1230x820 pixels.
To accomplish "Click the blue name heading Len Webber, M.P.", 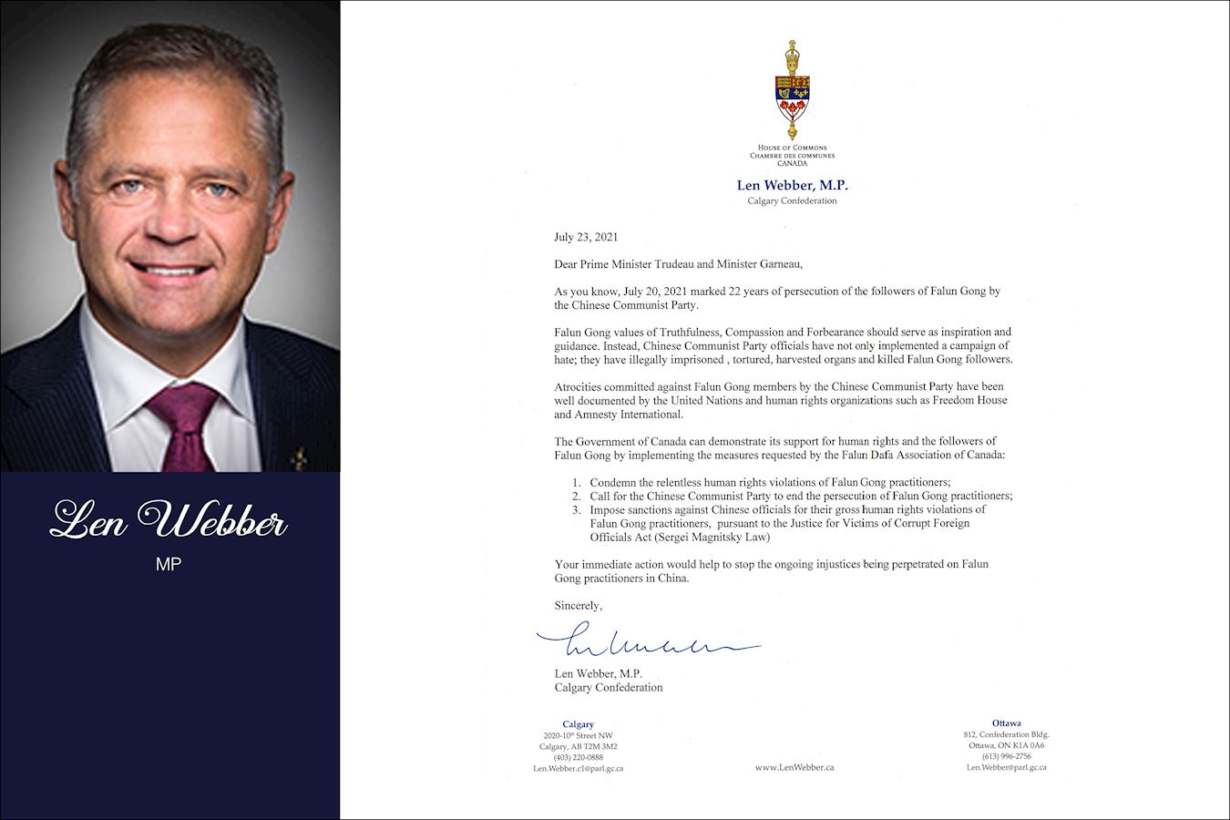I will tap(791, 186).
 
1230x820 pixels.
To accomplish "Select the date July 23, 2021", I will tap(586, 237).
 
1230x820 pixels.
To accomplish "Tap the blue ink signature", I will tap(647, 642).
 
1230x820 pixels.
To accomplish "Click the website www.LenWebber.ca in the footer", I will tap(794, 767).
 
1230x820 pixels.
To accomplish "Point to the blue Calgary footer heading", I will tap(578, 724).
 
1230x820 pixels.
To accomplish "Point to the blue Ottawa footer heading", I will tap(1006, 723).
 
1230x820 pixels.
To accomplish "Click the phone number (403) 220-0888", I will tap(578, 757).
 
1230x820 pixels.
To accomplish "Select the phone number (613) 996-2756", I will tap(1006, 756).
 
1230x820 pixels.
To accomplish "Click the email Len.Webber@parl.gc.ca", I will tap(1006, 767).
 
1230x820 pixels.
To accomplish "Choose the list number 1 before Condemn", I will tap(577, 482).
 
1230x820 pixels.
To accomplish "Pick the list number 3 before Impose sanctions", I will tap(577, 509).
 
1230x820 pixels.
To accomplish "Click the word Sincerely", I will tap(578, 605).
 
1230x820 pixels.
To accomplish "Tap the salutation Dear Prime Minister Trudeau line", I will tap(679, 264).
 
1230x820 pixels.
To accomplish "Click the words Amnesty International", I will tap(618, 415).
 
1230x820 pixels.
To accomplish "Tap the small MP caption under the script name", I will tap(169, 564).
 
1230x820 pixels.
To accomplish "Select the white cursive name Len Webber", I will tap(169, 520).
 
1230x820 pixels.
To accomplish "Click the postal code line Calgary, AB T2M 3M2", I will tap(578, 746).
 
